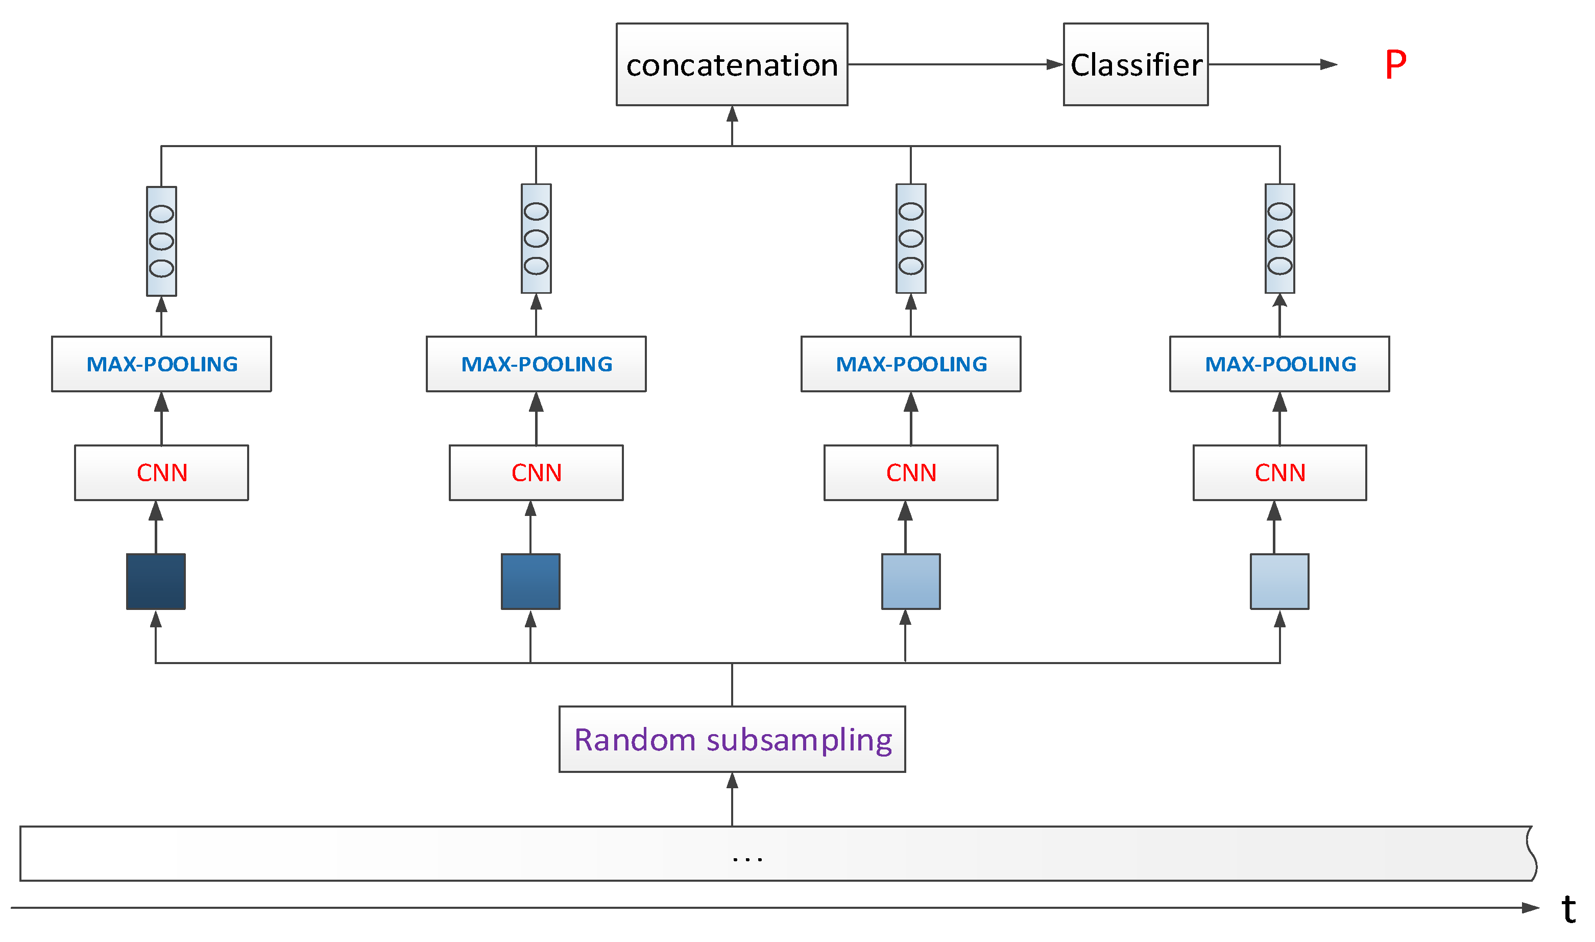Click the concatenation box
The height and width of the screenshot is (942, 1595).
[732, 64]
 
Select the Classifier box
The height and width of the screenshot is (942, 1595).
[1135, 64]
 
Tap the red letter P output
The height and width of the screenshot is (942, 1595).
[1395, 64]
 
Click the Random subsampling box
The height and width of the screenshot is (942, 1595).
[732, 739]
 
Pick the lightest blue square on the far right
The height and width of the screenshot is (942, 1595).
[1279, 581]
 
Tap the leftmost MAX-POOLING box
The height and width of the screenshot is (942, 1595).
[161, 364]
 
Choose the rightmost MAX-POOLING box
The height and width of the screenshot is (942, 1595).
[1279, 364]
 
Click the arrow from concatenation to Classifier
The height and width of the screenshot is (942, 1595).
[955, 64]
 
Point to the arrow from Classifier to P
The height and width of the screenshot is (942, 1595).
[1273, 64]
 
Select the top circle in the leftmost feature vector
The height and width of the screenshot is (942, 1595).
[161, 214]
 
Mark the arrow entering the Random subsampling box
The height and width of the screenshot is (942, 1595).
[732, 799]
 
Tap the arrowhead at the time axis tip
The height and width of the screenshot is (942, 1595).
[1530, 908]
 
